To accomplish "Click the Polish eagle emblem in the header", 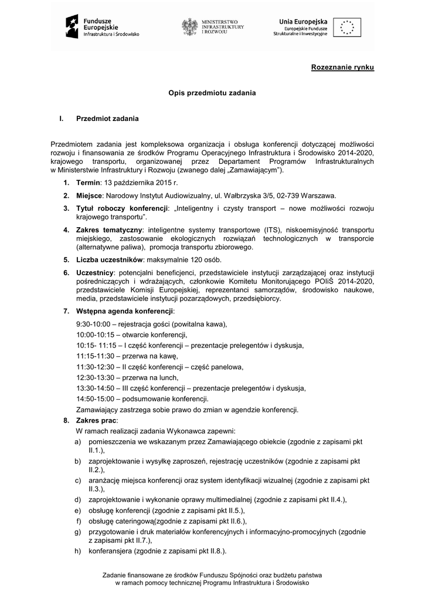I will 189,27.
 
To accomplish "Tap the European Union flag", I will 347,27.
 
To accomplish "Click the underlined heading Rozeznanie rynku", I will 342,68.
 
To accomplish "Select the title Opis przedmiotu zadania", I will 212,93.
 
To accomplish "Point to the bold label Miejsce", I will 90,195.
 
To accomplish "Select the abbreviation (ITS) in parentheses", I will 273,229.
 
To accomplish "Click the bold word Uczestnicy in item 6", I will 96,272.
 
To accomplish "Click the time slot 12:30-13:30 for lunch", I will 96,377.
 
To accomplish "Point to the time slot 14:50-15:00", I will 96,399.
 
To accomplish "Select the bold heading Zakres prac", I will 97,420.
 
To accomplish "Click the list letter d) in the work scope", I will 77,500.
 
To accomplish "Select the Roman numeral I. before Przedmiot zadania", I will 61,119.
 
